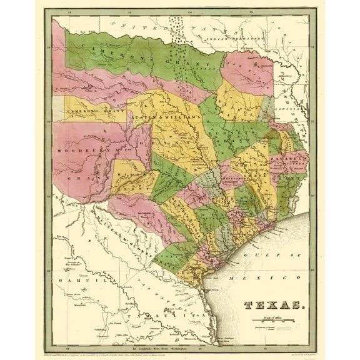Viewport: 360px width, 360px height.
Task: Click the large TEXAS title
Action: click(270, 305)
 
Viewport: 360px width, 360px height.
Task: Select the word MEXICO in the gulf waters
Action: click(244, 276)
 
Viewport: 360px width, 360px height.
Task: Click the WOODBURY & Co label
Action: click(84, 151)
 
